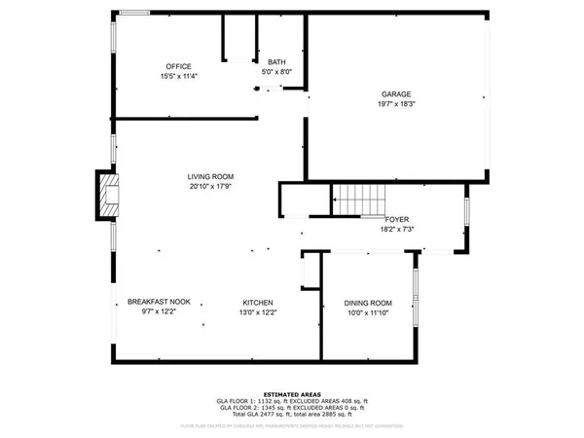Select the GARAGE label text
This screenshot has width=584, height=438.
[x=395, y=94]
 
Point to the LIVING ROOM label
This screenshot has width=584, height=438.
[x=211, y=177]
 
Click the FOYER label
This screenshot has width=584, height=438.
[x=395, y=220]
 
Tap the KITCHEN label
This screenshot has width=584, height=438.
[x=258, y=302]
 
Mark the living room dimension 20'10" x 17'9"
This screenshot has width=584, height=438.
[x=211, y=187]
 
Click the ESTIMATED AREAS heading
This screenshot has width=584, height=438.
[x=291, y=393]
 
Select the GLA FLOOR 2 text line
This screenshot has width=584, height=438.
[x=291, y=408]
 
